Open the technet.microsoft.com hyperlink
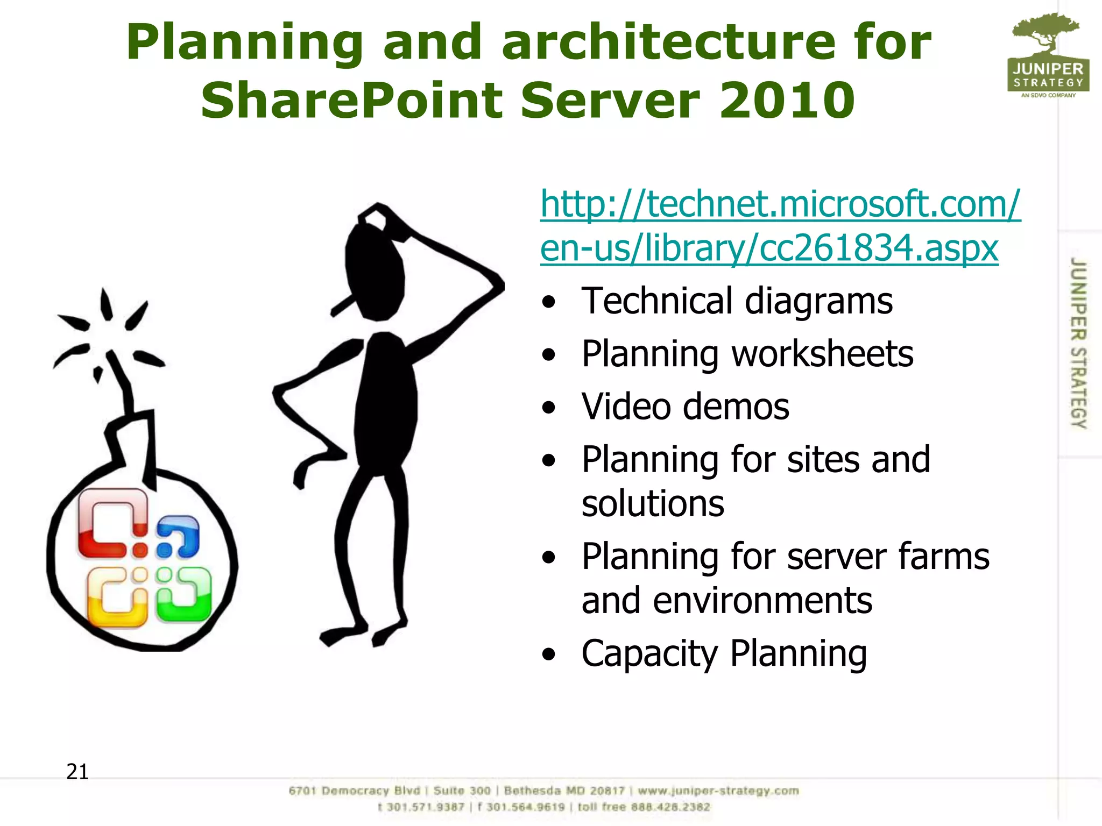[x=780, y=226]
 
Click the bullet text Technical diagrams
[x=737, y=301]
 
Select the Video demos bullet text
[x=685, y=407]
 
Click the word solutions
[x=653, y=504]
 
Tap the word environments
[x=762, y=601]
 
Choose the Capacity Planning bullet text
[x=724, y=654]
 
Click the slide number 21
[x=77, y=772]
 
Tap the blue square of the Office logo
[x=178, y=537]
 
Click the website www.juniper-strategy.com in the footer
[x=718, y=791]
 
